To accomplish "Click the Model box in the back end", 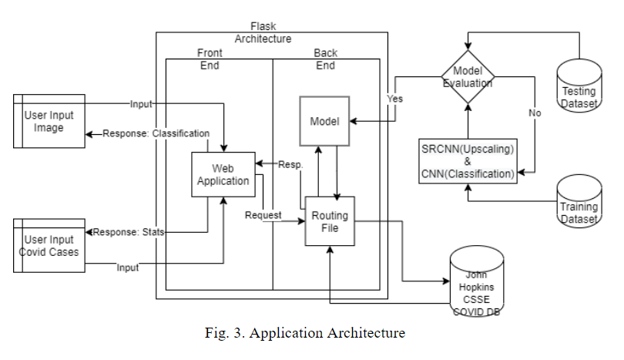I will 324,122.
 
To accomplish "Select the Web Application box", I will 223,175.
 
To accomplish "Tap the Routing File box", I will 330,222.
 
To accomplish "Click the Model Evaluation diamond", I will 467,76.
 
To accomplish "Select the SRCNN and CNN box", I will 467,160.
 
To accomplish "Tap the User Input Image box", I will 49,121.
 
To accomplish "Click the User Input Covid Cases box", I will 49,245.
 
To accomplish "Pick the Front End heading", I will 209,59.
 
